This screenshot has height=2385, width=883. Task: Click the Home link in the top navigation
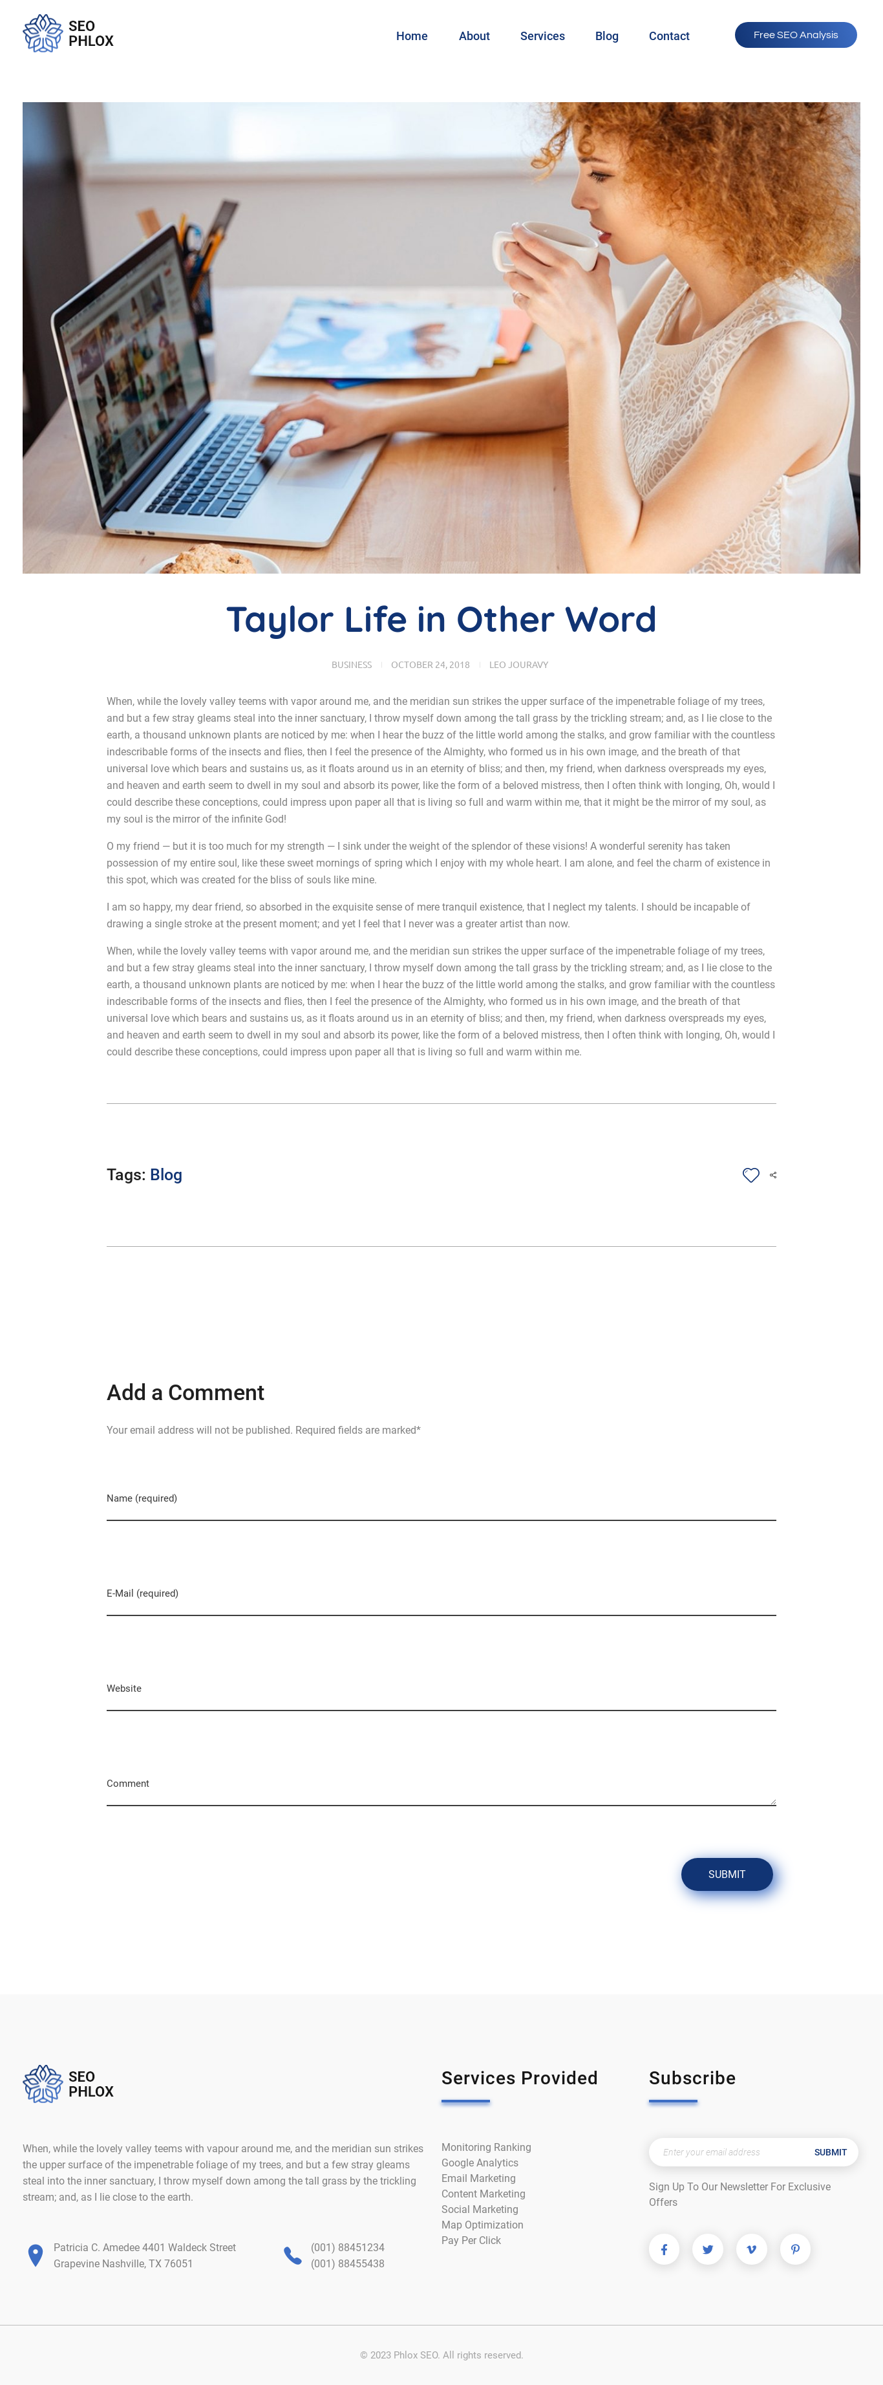coord(412,36)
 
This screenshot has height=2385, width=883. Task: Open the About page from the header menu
coord(474,36)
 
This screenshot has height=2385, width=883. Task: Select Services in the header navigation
coord(542,36)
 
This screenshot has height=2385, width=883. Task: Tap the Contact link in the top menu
coord(668,36)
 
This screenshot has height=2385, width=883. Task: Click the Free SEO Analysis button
coord(795,35)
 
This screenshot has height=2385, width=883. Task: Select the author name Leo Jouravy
coord(518,665)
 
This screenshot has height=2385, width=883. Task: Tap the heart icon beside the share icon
coord(750,1175)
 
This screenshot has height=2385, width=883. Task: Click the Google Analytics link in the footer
coord(480,2163)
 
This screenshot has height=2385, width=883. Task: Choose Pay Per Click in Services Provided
coord(471,2241)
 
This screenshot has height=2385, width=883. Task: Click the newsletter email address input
coord(727,2152)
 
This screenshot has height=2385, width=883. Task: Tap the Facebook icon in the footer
coord(664,2249)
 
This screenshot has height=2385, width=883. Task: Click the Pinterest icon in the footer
coord(795,2249)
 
